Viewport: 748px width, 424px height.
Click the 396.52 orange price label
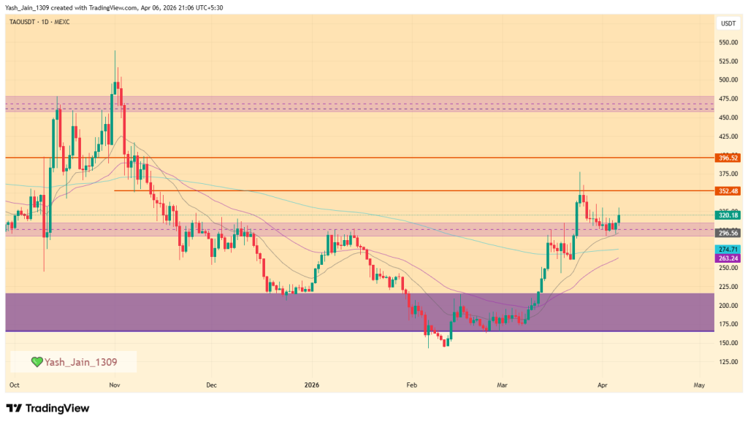pos(728,158)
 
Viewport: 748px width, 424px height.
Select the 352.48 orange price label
pos(728,191)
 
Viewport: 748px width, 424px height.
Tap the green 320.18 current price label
pos(728,215)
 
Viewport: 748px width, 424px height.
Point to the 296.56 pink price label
pos(728,233)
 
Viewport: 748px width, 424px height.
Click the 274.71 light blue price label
pos(728,250)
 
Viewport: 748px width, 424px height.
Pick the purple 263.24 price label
pos(728,258)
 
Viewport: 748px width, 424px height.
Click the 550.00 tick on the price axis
pos(728,42)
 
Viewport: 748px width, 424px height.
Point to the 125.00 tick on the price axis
pos(728,362)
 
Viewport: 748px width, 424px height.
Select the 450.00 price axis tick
pos(728,117)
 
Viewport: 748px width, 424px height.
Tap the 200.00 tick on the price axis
pos(728,306)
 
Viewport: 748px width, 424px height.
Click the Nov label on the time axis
pos(114,384)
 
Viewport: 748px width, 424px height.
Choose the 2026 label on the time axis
pos(312,384)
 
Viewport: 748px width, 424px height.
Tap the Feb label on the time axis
pos(411,384)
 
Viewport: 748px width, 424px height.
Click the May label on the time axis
pos(699,384)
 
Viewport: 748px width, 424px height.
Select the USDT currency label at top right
pos(728,23)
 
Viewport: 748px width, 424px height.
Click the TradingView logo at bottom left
pos(47,408)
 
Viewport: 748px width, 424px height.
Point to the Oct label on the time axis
pos(15,384)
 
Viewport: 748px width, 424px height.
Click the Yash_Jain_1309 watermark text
pos(80,362)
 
